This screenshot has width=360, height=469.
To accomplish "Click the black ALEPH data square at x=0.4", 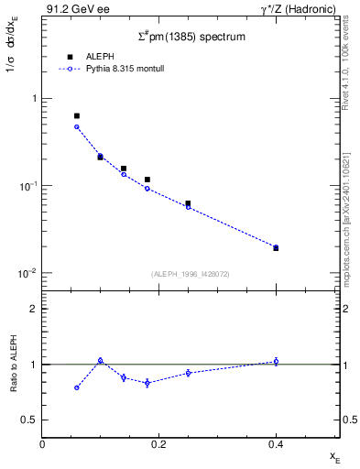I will pos(276,248).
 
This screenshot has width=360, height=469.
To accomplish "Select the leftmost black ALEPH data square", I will pos(77,116).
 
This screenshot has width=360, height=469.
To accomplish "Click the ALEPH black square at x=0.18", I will pos(147,180).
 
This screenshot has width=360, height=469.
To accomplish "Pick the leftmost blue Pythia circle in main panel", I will pos(77,126).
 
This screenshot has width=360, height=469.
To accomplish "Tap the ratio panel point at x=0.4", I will pos(276,362).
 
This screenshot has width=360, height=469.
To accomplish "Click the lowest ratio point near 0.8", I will pos(77,387).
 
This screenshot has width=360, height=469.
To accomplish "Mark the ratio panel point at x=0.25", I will pos(188,373).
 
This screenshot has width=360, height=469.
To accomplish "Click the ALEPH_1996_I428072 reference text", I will pos(191,274).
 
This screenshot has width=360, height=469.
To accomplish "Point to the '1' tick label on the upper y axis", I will pos(34,99).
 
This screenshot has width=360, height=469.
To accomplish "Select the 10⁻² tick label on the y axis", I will pos(29,274).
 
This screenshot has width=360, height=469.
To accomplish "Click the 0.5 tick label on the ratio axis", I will pos(30,420).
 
